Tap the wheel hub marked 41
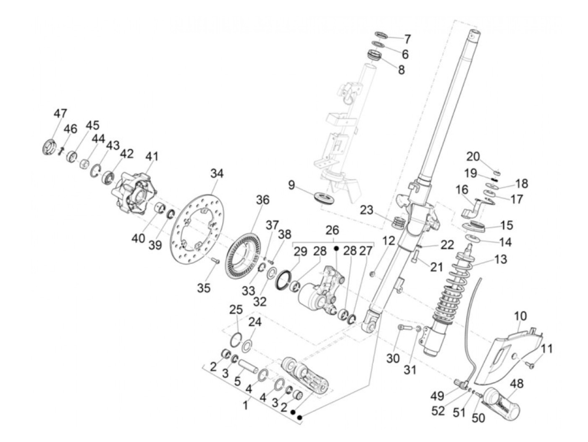[x=134, y=195]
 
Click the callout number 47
[x=60, y=114]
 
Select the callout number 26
[x=332, y=230]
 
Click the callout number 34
[x=217, y=174]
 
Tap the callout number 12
[x=388, y=241]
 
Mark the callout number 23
[x=366, y=209]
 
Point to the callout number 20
[x=472, y=156]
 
